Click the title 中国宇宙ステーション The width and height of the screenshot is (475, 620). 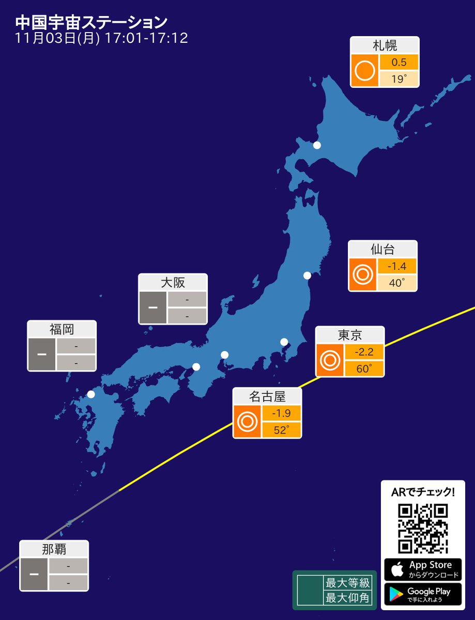click(x=91, y=23)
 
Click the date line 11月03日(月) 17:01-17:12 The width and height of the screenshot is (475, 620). click(x=101, y=39)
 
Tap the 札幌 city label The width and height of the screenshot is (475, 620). click(x=384, y=45)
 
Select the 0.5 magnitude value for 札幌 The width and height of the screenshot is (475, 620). click(x=399, y=63)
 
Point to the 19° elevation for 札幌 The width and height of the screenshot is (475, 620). click(x=399, y=79)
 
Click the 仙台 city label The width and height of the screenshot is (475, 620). click(x=382, y=250)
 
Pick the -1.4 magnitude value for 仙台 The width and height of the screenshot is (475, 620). click(x=396, y=267)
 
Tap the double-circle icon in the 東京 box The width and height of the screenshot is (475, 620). click(x=330, y=360)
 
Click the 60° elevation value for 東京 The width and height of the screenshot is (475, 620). click(x=364, y=369)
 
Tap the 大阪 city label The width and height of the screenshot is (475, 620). click(x=173, y=283)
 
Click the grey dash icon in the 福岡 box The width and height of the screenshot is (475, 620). click(x=41, y=354)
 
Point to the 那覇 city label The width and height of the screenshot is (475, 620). click(x=54, y=549)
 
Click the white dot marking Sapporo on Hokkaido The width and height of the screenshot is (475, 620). click(x=317, y=145)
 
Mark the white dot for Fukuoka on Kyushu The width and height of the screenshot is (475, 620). click(x=91, y=394)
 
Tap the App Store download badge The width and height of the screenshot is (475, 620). click(x=423, y=569)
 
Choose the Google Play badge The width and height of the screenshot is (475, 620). click(x=423, y=594)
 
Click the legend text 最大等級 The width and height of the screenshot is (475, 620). click(x=347, y=583)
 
